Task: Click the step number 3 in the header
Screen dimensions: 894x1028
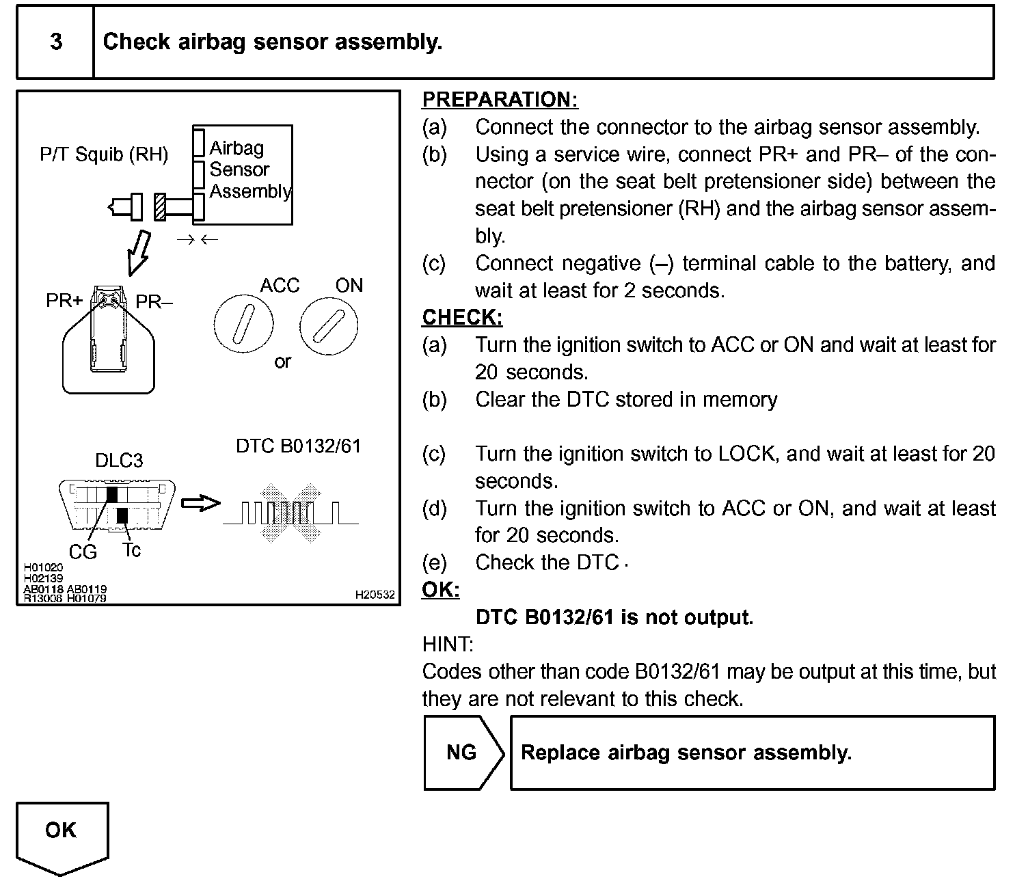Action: pyautogui.click(x=56, y=42)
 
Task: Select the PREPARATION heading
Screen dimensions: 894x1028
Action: pyautogui.click(x=500, y=100)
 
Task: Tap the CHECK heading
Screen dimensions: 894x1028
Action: pyautogui.click(x=462, y=318)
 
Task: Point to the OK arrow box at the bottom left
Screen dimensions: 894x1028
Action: pyautogui.click(x=62, y=835)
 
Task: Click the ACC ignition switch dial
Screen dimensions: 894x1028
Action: pyautogui.click(x=243, y=326)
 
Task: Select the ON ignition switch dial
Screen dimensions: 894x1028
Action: pyautogui.click(x=329, y=326)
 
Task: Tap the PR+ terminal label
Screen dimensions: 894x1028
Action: pyautogui.click(x=64, y=301)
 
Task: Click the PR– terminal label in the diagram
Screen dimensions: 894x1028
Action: pyautogui.click(x=154, y=301)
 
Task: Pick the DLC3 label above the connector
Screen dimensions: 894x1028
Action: pyautogui.click(x=119, y=460)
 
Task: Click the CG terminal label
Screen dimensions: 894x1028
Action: pyautogui.click(x=83, y=552)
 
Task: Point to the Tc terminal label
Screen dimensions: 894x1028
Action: pyautogui.click(x=131, y=550)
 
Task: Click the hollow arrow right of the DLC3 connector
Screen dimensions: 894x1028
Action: pyautogui.click(x=200, y=504)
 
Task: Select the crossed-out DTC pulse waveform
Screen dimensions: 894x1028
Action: pyautogui.click(x=290, y=513)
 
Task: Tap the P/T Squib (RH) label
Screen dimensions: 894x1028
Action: pyautogui.click(x=104, y=154)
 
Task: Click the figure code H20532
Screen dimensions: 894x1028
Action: pyautogui.click(x=375, y=595)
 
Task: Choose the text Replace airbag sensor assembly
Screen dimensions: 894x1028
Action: pyautogui.click(x=686, y=753)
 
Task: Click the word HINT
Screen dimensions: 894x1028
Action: pyautogui.click(x=448, y=645)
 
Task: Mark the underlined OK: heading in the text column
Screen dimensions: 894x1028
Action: pyautogui.click(x=441, y=590)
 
